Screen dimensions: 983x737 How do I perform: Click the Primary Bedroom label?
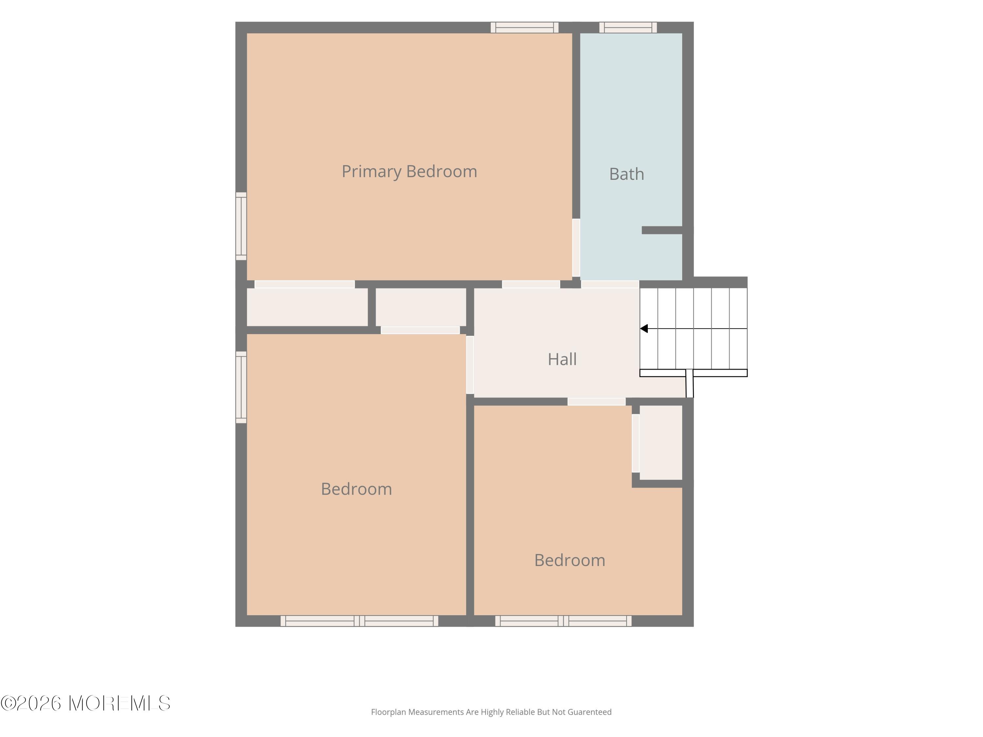pos(409,172)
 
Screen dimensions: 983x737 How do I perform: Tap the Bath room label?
pos(626,174)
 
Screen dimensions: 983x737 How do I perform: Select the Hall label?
pos(562,359)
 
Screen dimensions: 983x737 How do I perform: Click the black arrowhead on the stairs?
pos(644,329)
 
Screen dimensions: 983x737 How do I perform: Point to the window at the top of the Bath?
pos(628,28)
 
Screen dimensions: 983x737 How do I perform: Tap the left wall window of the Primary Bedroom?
pos(241,226)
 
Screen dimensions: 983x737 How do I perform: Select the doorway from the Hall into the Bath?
pos(610,284)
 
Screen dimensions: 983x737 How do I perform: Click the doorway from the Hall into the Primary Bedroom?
pos(531,284)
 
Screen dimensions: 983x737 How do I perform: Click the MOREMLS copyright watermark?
pos(85,703)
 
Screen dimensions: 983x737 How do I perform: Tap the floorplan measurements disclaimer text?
pos(491,712)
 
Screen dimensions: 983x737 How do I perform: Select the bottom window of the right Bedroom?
pos(563,621)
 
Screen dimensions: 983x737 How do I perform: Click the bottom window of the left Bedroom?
pos(359,621)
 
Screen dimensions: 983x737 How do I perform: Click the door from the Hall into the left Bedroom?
pos(470,365)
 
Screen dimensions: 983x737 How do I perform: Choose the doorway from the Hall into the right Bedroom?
pos(596,402)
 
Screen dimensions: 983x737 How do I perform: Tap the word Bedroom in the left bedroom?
pos(357,489)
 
